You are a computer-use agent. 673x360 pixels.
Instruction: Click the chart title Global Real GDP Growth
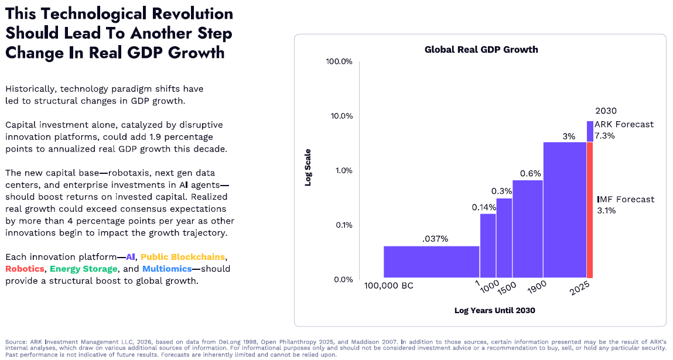(x=481, y=50)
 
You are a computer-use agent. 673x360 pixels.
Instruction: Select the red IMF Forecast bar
(x=590, y=210)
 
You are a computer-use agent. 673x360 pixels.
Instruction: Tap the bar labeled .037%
(x=431, y=262)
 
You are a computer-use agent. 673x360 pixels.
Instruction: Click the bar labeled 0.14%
(x=488, y=245)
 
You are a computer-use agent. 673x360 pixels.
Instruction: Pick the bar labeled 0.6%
(x=528, y=229)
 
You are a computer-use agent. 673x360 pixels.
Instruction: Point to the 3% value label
(x=569, y=136)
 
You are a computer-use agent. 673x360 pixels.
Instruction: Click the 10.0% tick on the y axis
(x=341, y=116)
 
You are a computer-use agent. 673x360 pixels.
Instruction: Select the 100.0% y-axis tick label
(x=339, y=61)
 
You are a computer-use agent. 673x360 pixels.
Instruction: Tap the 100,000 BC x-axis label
(x=388, y=286)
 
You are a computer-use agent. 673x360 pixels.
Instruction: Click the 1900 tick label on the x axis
(x=537, y=287)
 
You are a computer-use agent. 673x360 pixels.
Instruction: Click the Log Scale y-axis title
(x=308, y=167)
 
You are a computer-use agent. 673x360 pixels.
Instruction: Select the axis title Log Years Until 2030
(x=495, y=310)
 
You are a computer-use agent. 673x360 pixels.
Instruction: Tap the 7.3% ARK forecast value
(x=604, y=136)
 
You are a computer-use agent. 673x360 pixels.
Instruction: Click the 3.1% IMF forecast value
(x=606, y=210)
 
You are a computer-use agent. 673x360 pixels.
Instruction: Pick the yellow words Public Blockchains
(x=183, y=256)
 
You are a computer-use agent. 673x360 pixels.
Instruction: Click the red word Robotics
(x=25, y=269)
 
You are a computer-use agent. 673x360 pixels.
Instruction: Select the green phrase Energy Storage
(x=84, y=269)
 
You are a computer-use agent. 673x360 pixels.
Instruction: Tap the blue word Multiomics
(x=167, y=269)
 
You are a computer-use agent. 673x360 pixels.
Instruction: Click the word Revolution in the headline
(x=192, y=13)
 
